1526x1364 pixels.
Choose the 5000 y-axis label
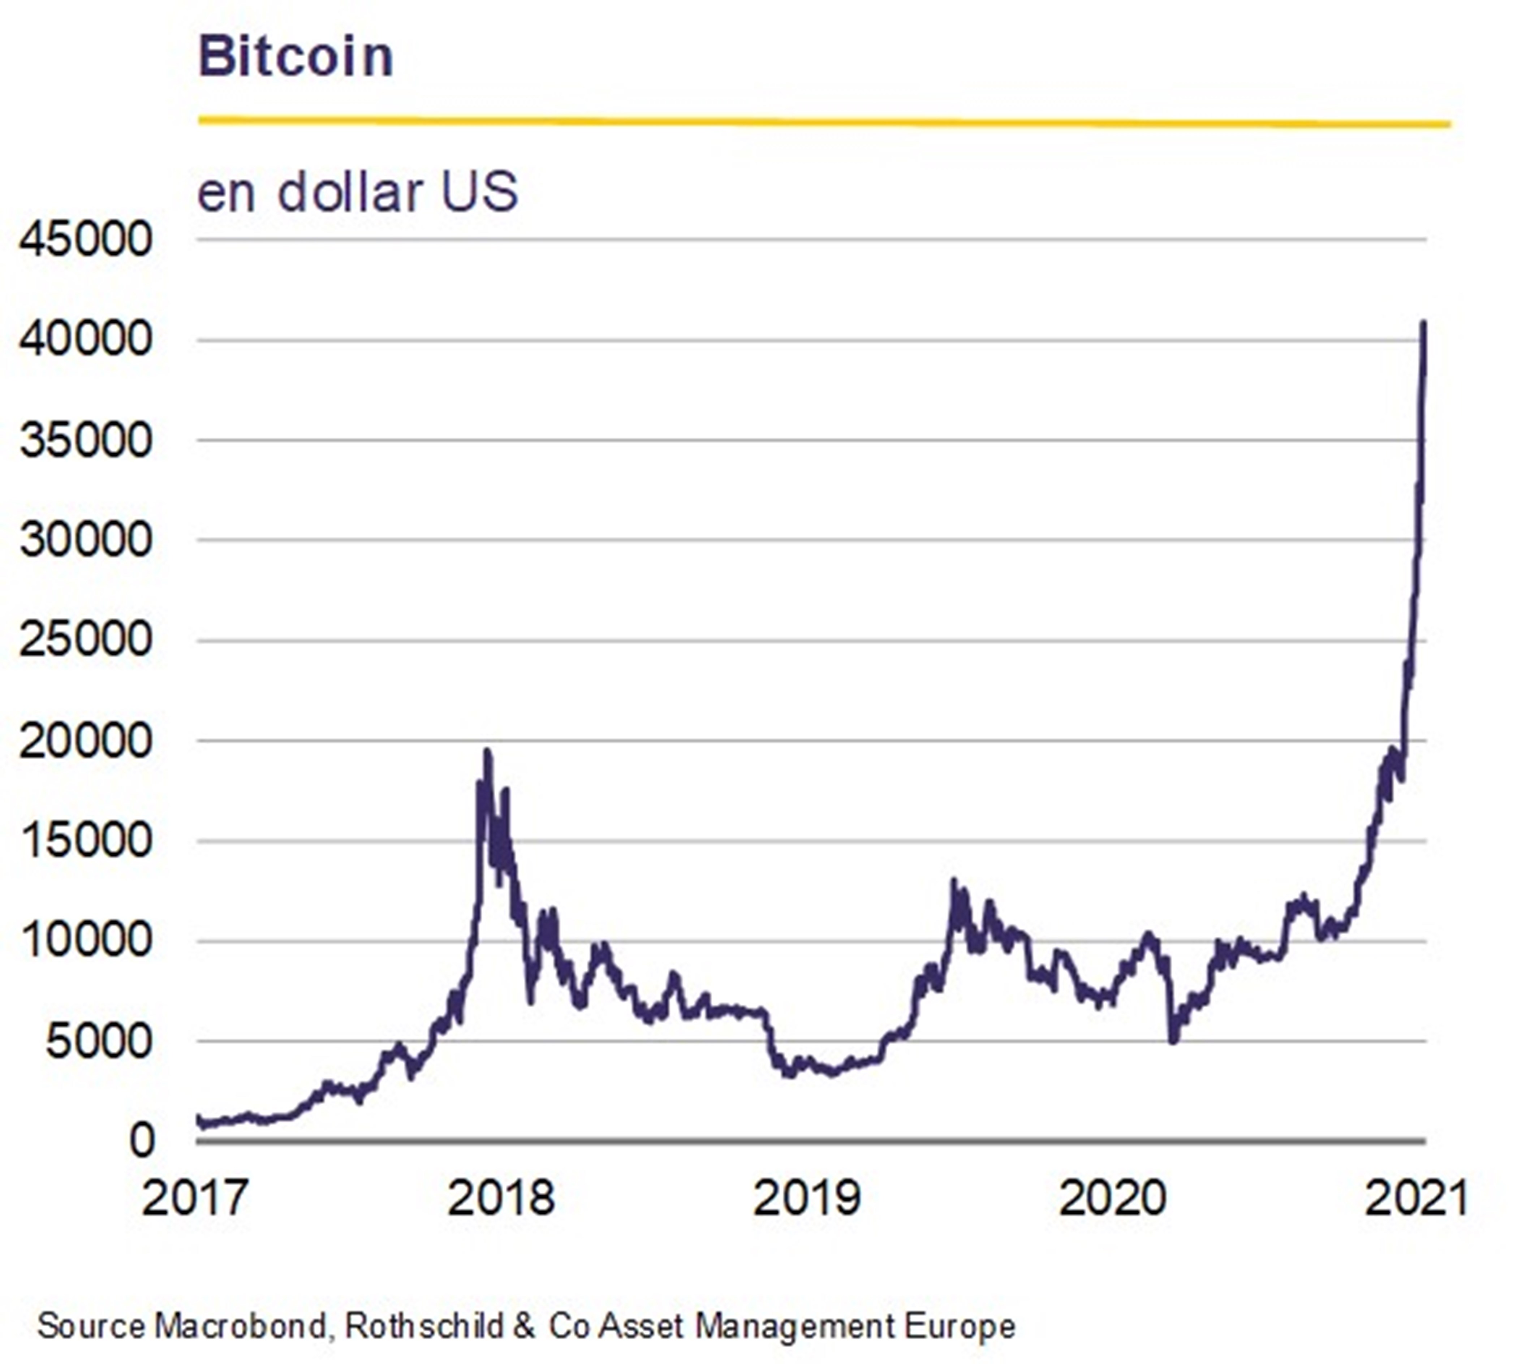(99, 1041)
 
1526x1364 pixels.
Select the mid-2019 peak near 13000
(954, 881)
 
